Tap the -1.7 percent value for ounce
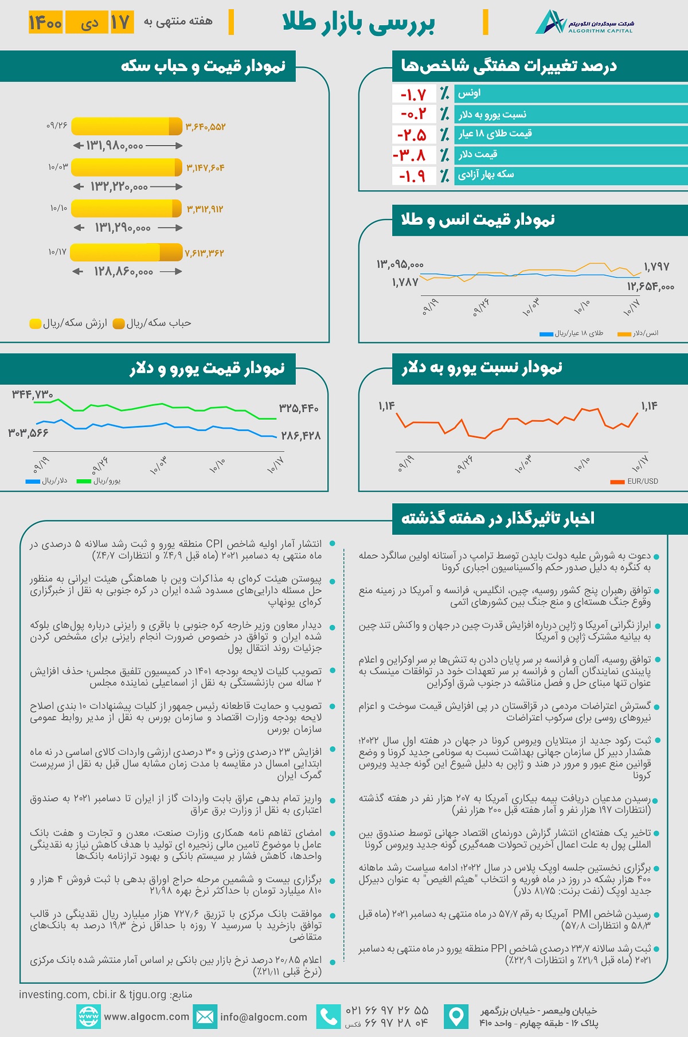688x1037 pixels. tap(413, 94)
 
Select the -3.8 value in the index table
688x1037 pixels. tap(410, 155)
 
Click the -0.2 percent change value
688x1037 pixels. tap(413, 114)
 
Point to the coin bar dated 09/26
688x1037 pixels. tap(126, 126)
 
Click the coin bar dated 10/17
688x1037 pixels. tap(126, 252)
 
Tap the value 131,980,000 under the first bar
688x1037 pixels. tap(115, 146)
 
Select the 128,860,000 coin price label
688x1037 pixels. tap(124, 271)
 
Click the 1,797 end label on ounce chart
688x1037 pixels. tap(656, 267)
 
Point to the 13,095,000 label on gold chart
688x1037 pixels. tap(400, 264)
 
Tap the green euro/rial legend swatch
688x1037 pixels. tap(84, 482)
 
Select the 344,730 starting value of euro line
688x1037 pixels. tap(33, 394)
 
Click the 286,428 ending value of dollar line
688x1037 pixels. tap(300, 436)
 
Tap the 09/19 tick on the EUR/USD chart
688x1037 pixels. tap(405, 463)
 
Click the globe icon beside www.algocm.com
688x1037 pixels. tap(88, 1017)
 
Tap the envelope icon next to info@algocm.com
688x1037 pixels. tap(205, 1017)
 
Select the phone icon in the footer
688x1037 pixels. tap(329, 1017)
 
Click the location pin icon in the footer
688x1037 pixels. tap(456, 1017)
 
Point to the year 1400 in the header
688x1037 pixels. tap(45, 22)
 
